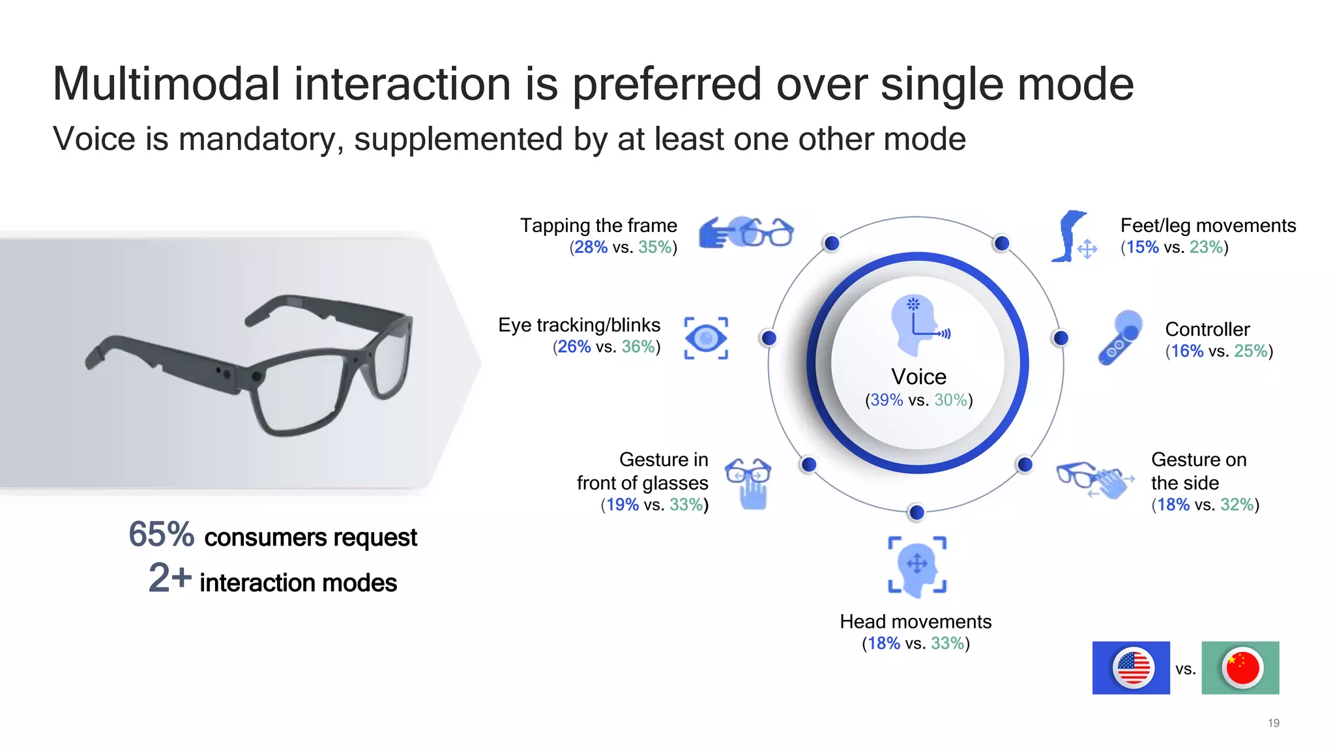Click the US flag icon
tap(1133, 668)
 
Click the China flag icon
tap(1242, 668)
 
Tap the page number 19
tap(1273, 723)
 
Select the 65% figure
tap(161, 535)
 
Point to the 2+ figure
tap(169, 578)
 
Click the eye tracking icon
tap(706, 338)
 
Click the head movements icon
tap(917, 566)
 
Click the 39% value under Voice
tap(887, 400)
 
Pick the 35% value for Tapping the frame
tap(655, 248)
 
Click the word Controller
tap(1207, 329)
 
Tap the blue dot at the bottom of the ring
tap(917, 512)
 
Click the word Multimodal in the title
tap(166, 85)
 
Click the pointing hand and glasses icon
tap(746, 233)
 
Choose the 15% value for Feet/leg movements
tap(1142, 248)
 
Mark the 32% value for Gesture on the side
tap(1237, 505)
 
